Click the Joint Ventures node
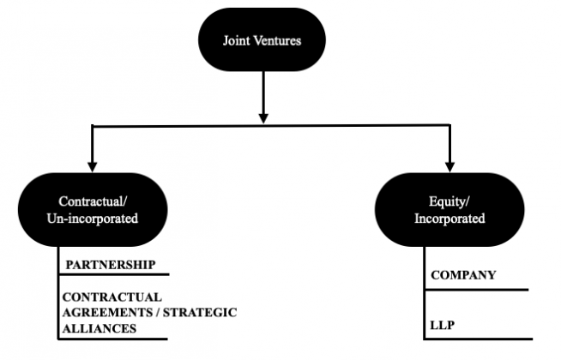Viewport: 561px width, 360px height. tap(262, 39)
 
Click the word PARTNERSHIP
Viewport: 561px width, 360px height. tap(108, 265)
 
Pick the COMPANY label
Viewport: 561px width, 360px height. tap(463, 275)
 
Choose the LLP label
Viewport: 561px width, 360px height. tap(443, 327)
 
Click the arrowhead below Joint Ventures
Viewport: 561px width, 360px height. tap(263, 115)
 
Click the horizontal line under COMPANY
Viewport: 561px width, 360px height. tap(475, 290)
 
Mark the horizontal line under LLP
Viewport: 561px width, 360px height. tap(477, 339)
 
